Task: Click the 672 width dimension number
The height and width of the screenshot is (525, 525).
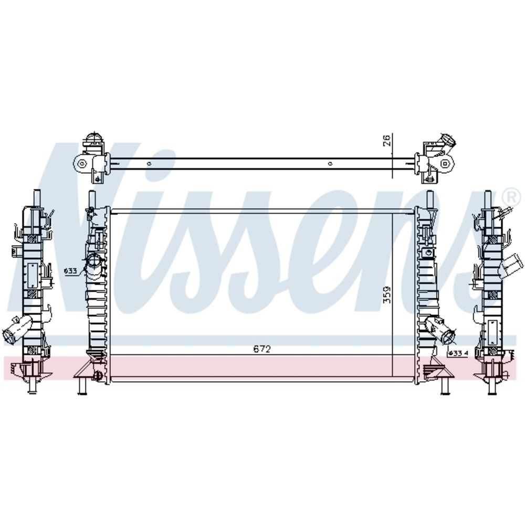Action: tap(262, 349)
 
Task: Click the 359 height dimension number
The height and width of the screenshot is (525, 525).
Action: tap(387, 295)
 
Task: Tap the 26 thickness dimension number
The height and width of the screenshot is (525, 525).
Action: tap(386, 140)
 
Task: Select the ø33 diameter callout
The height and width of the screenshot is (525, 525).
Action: tap(70, 271)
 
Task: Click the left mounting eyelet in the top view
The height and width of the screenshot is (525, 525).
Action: tap(81, 164)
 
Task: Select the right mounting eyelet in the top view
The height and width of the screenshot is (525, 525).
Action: tap(445, 163)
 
